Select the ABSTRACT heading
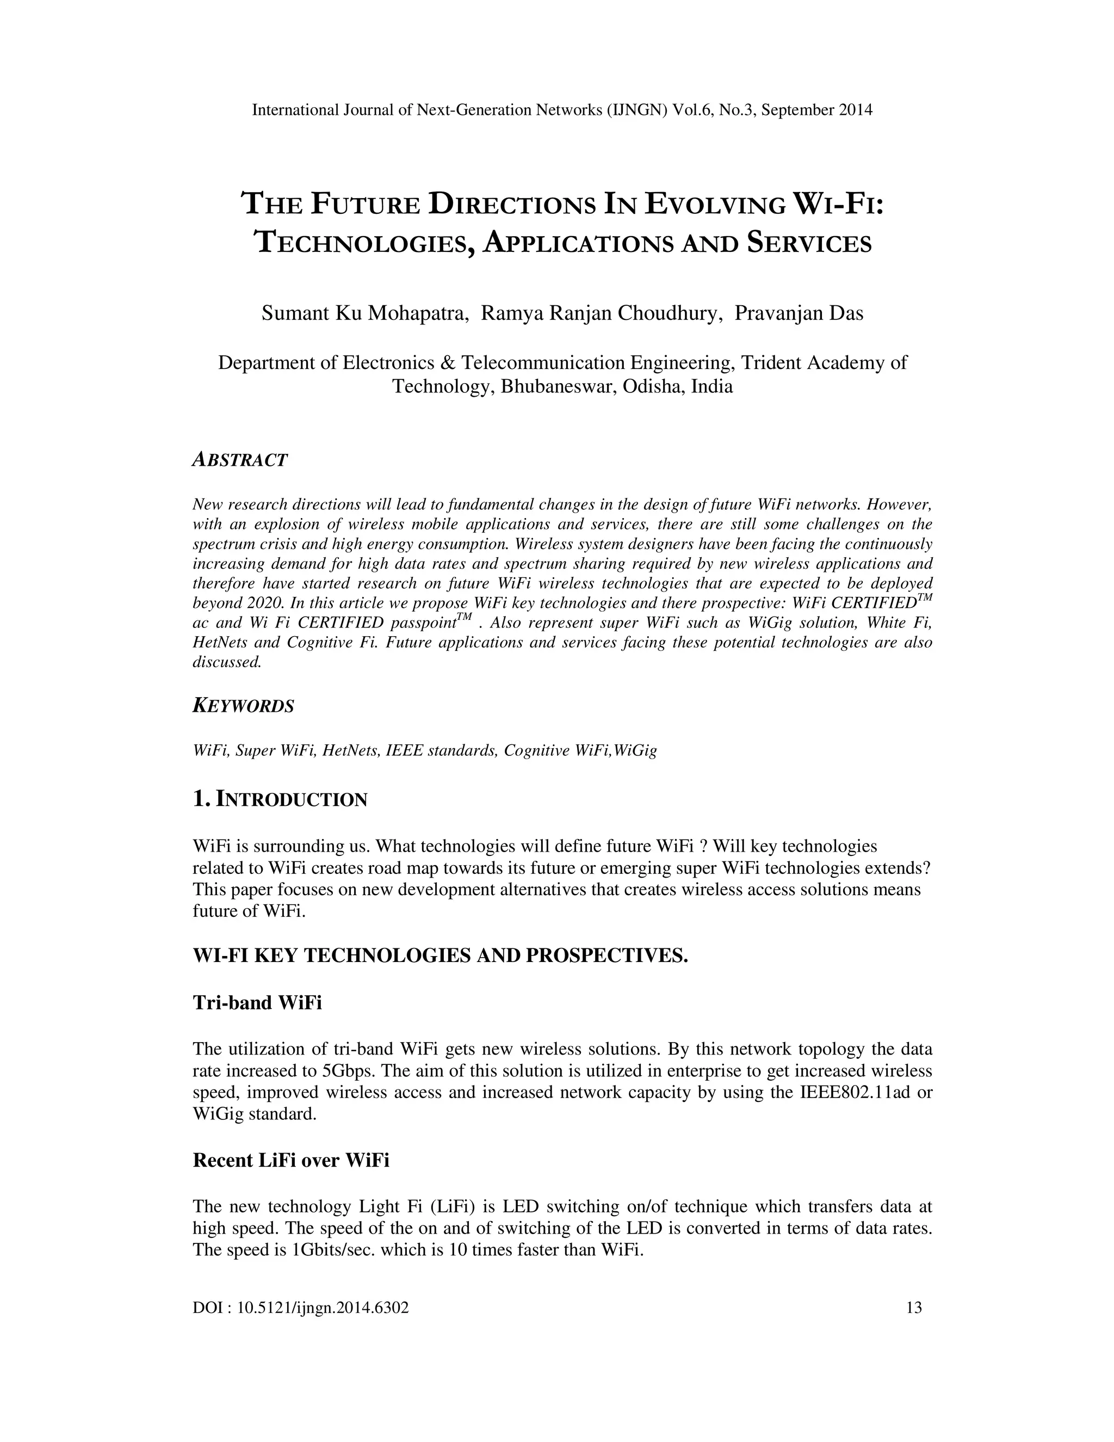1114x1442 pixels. pyautogui.click(x=240, y=460)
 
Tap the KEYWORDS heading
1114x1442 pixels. pyautogui.click(x=244, y=706)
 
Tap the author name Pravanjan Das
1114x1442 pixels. pyautogui.click(x=799, y=313)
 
